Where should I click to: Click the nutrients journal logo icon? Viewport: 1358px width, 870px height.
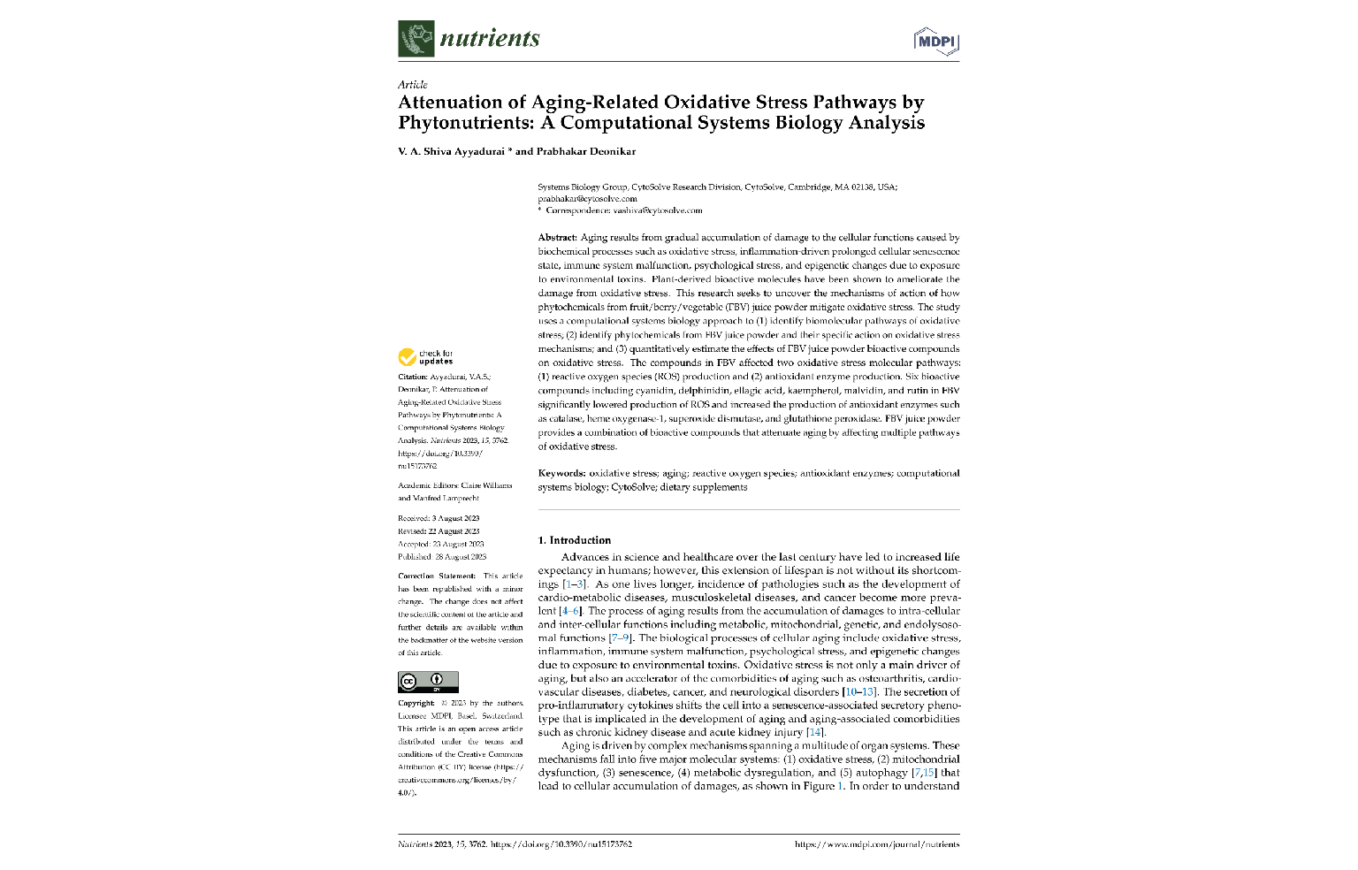click(416, 39)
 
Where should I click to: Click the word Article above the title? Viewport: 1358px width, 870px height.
click(413, 85)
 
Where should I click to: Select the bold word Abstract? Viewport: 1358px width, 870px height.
click(557, 238)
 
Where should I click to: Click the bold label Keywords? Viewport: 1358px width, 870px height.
click(561, 473)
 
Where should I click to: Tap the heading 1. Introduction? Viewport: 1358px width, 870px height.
click(575, 540)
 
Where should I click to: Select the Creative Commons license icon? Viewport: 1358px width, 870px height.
click(428, 682)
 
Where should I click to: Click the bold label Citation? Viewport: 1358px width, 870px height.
click(413, 377)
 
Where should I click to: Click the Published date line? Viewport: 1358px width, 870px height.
click(442, 557)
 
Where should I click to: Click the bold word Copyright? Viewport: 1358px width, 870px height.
click(416, 704)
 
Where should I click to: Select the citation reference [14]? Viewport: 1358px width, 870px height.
click(814, 732)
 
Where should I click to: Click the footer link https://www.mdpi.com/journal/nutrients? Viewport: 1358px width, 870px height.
click(877, 844)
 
